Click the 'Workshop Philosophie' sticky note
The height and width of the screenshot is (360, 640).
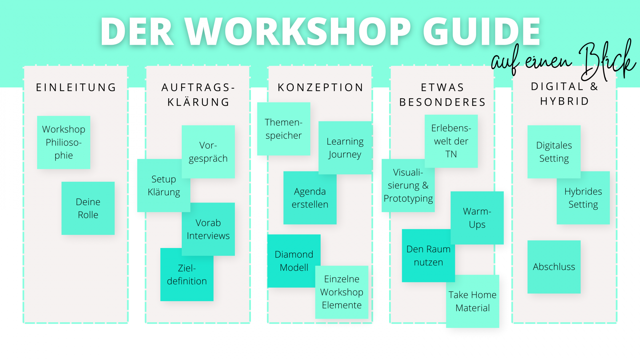(x=63, y=142)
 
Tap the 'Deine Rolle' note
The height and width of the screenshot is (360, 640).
(x=88, y=208)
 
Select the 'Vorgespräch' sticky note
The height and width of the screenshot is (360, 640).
(x=208, y=151)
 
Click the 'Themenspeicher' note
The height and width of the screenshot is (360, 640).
(x=284, y=129)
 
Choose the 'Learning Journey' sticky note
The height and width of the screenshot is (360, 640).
(x=345, y=148)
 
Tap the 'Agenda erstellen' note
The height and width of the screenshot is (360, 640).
(x=310, y=198)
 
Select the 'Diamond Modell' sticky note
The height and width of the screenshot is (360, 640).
(x=294, y=261)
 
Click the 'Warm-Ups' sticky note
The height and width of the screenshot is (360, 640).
(x=477, y=218)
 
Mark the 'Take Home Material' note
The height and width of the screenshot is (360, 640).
(x=472, y=301)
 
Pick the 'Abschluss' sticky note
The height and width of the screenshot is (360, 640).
(x=554, y=267)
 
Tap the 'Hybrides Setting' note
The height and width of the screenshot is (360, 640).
(x=583, y=198)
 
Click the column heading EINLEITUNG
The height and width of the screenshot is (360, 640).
(x=76, y=87)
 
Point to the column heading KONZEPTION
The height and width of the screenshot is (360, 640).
(x=321, y=87)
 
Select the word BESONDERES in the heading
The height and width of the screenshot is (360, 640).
(x=443, y=102)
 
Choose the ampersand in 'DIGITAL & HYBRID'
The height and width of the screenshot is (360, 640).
(x=594, y=86)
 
